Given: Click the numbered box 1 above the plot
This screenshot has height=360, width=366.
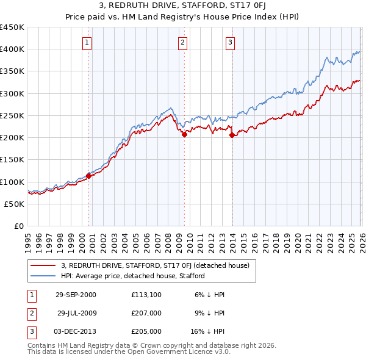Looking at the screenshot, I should click(x=88, y=42).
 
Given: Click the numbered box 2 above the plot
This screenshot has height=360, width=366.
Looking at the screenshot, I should click(x=183, y=42).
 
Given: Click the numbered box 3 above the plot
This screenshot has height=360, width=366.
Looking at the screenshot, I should click(x=230, y=42).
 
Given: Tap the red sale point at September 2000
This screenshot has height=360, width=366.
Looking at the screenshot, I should click(x=88, y=176).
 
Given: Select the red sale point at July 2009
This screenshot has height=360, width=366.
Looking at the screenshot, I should click(x=184, y=134).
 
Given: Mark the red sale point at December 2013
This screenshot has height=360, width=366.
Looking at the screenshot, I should click(x=232, y=135).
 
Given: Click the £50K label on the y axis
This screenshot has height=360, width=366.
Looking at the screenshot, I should click(x=14, y=204).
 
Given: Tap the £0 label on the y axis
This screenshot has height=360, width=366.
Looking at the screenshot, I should click(x=18, y=226).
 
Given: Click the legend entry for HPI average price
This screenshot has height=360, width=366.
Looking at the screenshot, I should click(x=132, y=276).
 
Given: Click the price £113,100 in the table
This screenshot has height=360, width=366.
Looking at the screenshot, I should click(x=146, y=294).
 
